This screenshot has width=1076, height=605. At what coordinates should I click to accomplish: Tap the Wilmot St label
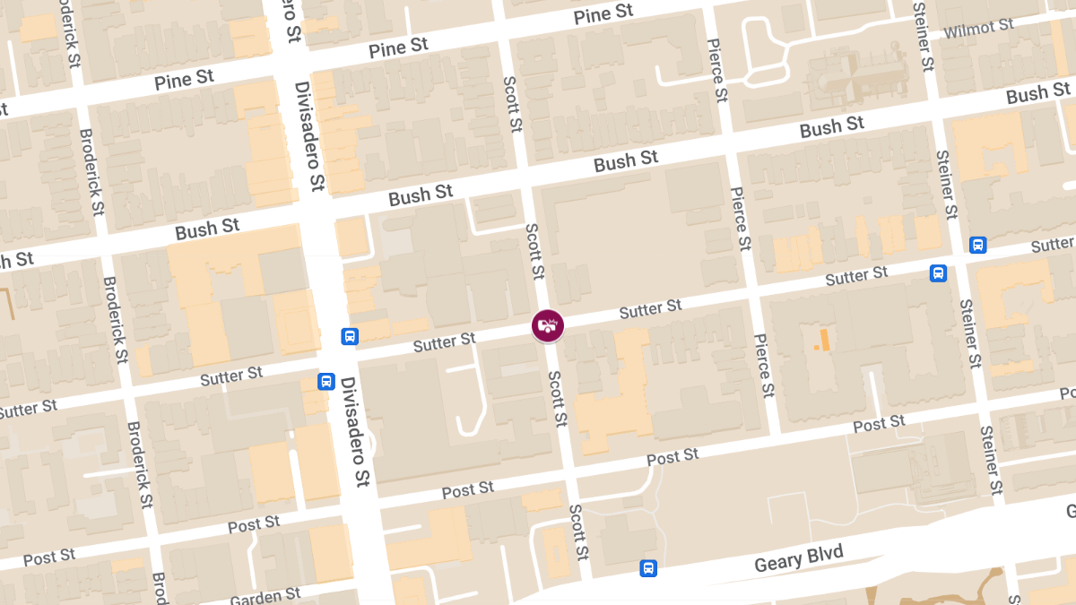click(978, 29)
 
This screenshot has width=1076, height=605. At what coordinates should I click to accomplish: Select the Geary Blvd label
click(799, 558)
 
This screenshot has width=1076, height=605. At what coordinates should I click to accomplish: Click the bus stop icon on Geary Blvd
click(647, 568)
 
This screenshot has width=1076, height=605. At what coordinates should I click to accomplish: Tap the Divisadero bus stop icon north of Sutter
click(350, 337)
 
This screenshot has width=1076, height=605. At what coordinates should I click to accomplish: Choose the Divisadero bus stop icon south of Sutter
click(326, 382)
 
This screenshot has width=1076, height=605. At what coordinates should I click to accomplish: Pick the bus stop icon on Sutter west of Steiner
click(938, 273)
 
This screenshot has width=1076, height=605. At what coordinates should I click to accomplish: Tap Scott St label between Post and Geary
click(579, 529)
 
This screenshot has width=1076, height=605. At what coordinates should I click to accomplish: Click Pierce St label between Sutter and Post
click(764, 366)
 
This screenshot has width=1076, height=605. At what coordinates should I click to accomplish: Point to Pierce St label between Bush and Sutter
click(740, 219)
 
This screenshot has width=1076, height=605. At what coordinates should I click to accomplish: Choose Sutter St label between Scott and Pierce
click(651, 310)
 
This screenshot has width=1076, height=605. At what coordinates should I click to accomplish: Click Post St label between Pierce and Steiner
click(880, 424)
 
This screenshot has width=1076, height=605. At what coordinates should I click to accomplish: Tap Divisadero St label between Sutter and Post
click(355, 432)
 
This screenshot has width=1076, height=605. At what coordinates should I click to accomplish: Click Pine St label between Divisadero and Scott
click(398, 48)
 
